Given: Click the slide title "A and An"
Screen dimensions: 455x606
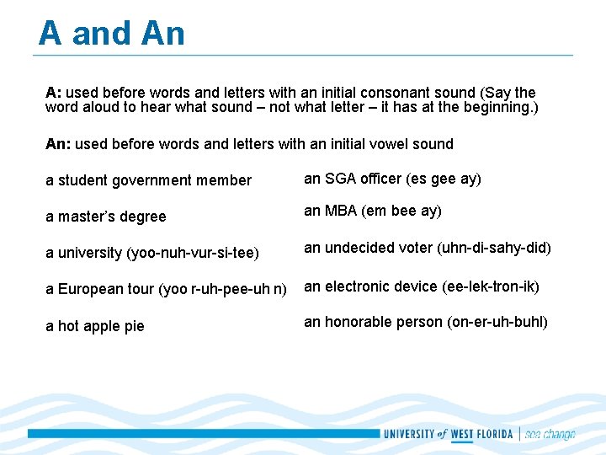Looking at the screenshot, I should point(111,34).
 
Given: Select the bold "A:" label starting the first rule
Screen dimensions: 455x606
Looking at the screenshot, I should point(54,93).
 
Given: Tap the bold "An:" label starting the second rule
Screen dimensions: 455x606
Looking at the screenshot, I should point(58,144).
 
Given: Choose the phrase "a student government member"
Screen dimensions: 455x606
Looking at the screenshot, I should point(148,180).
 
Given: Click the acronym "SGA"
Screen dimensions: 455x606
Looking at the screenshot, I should point(339,179).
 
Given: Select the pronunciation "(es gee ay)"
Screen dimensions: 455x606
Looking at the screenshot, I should point(444,179).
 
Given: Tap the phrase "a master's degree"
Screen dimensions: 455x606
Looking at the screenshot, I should point(106,217).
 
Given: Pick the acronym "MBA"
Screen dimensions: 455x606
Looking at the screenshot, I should point(340,211).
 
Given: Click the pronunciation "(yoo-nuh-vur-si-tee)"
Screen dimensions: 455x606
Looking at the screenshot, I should point(194,253).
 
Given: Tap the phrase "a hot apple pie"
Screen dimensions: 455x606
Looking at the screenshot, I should point(95,326).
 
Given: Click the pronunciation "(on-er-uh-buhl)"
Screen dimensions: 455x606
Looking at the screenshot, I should point(497,322).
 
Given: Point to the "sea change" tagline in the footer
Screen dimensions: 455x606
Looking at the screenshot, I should point(550,435).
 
